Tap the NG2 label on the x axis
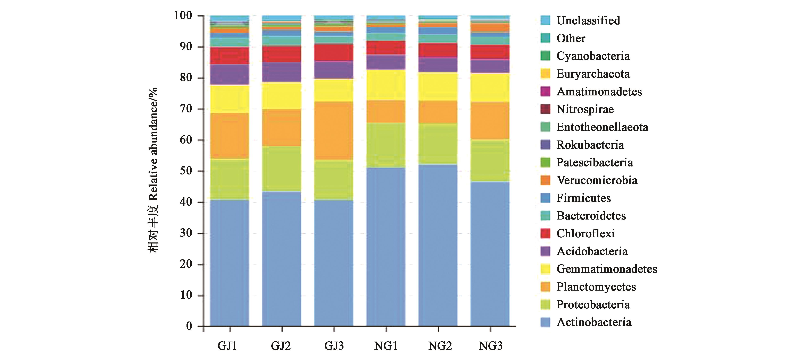(x=440, y=346)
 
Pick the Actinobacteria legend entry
(x=593, y=322)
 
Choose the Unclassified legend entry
(x=588, y=20)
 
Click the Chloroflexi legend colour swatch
(x=546, y=234)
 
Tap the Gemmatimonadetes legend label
(x=606, y=269)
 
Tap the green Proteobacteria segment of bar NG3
(x=490, y=161)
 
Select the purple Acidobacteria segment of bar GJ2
(x=282, y=72)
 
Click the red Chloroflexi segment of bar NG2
(x=438, y=50)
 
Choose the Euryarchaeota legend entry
(x=593, y=74)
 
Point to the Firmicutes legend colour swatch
(x=546, y=198)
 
